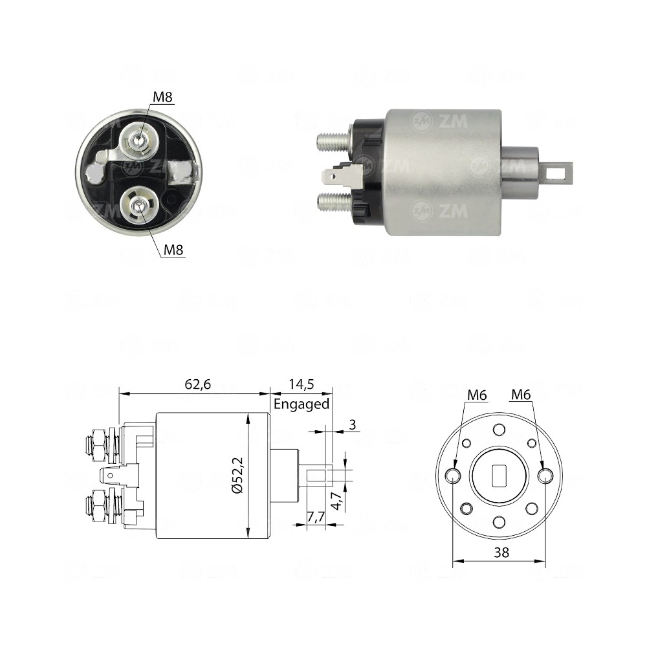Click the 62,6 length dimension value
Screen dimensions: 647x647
click(198, 384)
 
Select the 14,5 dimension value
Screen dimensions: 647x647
click(301, 384)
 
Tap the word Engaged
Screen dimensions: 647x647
click(302, 404)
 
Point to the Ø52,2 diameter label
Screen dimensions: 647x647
click(237, 476)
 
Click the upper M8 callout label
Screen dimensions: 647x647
click(162, 98)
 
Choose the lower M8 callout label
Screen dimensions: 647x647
click(173, 249)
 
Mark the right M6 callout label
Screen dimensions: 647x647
click(521, 394)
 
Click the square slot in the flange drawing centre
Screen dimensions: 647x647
click(499, 476)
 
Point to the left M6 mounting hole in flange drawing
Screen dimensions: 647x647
click(454, 477)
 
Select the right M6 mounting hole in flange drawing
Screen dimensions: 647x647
click(545, 477)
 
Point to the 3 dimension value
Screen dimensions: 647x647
click(353, 425)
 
